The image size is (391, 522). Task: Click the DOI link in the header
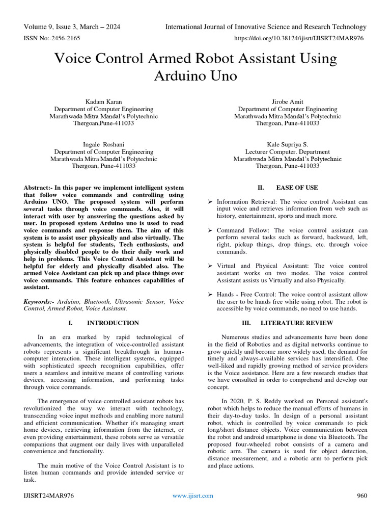point(298,38)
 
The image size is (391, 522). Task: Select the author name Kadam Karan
point(103,101)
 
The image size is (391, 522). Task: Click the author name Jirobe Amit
point(287,101)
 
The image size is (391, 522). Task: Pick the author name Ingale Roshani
point(103,144)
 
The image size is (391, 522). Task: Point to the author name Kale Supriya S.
point(287,144)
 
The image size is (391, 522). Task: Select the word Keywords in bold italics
point(39,302)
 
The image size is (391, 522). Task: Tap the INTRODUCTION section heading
point(113,323)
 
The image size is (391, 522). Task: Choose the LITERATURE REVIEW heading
point(297,323)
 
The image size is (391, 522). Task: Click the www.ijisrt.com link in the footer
point(193,495)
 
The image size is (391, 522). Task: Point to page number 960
point(361,495)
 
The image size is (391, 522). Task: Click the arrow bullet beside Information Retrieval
point(210,202)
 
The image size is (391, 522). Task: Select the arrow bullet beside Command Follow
point(210,230)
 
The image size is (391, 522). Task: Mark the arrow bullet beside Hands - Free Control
point(210,295)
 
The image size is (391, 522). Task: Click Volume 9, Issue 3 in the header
point(53,27)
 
